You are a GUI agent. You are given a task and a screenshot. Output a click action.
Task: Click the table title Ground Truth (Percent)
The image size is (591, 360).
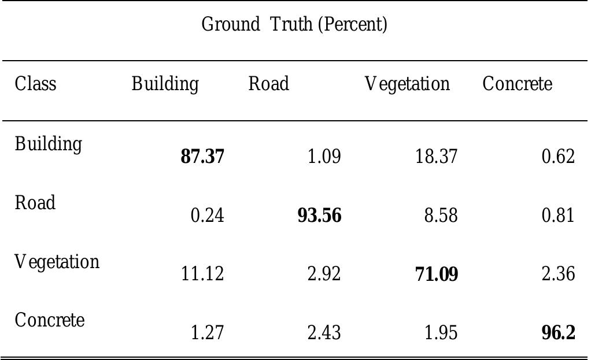pos(294,25)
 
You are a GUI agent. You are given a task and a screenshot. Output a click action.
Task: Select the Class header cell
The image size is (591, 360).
pos(36,84)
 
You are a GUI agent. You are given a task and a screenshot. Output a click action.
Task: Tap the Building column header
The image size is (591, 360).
pos(165,85)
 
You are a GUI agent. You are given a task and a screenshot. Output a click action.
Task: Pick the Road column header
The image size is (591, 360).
pos(268,84)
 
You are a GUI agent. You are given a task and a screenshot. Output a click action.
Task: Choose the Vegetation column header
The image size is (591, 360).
pos(407,85)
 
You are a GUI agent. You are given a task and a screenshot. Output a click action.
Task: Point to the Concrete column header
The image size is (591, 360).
pos(517,84)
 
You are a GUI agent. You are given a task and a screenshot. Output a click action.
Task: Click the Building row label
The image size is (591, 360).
pos(49,144)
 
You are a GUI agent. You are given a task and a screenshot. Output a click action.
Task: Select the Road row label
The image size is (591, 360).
pos(35,203)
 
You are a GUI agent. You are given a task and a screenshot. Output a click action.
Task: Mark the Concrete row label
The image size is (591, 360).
pos(50,320)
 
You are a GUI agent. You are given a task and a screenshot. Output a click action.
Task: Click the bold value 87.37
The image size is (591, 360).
pos(202,157)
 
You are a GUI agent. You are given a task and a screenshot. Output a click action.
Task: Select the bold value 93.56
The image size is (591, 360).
pos(319,216)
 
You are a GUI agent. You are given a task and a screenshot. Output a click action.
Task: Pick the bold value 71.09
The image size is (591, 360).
pos(437,274)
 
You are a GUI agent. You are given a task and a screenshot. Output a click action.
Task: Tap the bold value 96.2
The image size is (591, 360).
pos(558,333)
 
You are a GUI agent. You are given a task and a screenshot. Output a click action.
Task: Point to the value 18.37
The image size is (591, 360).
pos(436,157)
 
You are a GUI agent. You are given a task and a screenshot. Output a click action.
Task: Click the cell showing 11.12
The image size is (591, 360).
pos(202,274)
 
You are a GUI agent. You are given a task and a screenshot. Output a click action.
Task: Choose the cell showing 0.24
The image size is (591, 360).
pos(207,216)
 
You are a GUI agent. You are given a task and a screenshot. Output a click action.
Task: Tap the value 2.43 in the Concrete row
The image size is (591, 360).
pos(324,333)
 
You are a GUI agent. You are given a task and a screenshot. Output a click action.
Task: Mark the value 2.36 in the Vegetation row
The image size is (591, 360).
pos(558,274)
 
